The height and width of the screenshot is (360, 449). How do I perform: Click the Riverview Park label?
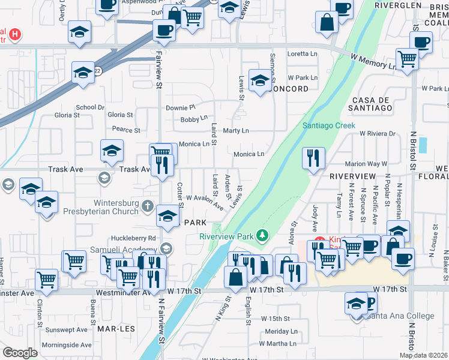point(226,236)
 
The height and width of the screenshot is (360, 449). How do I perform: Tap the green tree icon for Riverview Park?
point(261,234)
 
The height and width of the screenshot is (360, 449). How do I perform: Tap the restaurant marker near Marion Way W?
point(313,158)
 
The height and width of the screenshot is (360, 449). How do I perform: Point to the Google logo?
point(20,353)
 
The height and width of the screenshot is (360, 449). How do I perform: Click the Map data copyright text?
point(423,355)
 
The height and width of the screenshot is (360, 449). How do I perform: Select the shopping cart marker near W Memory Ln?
point(407,59)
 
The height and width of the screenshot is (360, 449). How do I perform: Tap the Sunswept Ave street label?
point(69,330)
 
